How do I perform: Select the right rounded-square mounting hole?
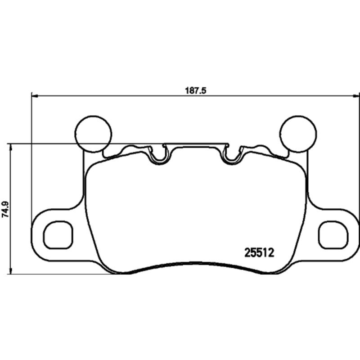click(333, 235)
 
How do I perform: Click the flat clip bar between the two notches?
click(195, 144)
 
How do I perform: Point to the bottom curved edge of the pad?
click(195, 264)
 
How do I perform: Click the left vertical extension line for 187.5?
click(31, 157)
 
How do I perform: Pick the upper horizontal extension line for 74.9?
click(45, 144)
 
